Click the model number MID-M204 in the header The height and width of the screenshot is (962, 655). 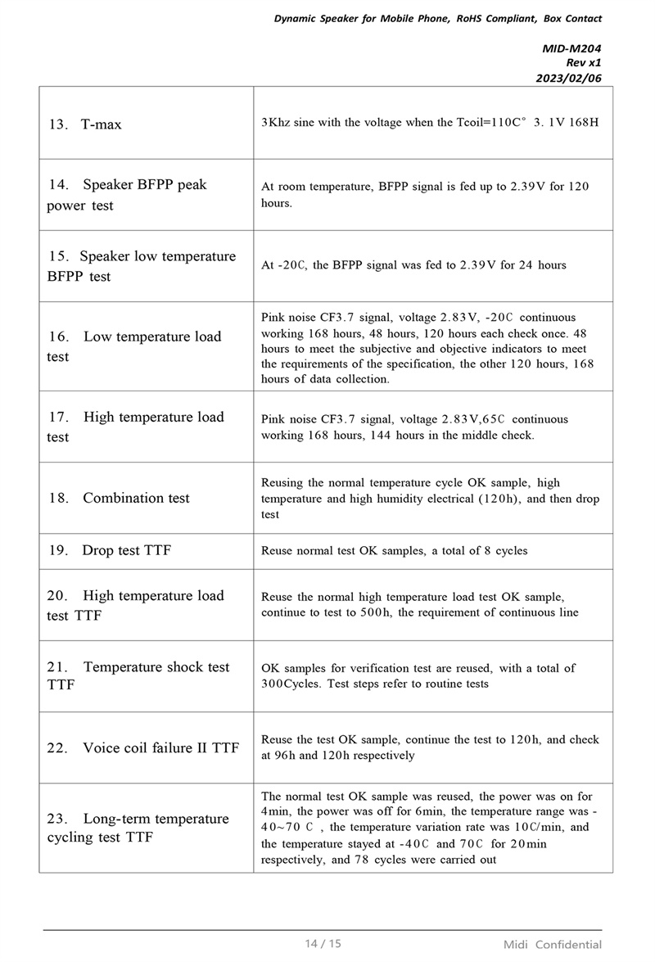[x=571, y=48]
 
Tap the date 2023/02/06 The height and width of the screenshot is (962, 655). [x=569, y=78]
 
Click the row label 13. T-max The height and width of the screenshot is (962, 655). [x=85, y=124]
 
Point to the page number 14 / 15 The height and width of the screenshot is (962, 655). [x=323, y=943]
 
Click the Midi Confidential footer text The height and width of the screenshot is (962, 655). [x=553, y=944]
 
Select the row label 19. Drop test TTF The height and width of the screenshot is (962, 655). [x=110, y=550]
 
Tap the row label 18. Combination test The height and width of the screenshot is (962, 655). [x=119, y=498]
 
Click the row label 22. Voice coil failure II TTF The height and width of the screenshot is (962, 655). [x=143, y=747]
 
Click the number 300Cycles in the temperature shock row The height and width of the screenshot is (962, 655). [x=291, y=684]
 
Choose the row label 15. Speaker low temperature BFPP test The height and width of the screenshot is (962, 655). [x=141, y=266]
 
